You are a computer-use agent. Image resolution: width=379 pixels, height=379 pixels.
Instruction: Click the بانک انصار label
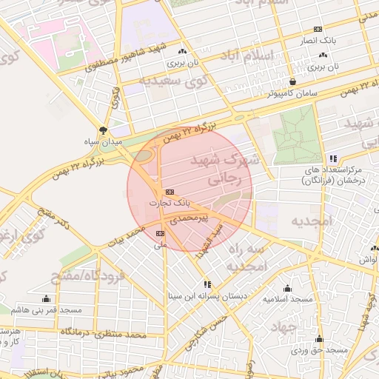318,41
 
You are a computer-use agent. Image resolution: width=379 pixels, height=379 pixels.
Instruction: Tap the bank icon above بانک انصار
318,29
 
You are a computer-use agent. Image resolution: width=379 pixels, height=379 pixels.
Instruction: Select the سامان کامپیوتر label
292,94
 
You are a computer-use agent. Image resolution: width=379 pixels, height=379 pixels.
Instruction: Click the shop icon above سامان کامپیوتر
294,81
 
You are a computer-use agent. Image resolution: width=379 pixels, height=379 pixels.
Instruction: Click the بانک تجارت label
170,202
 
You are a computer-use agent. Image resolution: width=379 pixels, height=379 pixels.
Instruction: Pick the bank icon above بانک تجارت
170,191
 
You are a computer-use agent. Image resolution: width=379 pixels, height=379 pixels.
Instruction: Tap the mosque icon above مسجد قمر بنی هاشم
47,298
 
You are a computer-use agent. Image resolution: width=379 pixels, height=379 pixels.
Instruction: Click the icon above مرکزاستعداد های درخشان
334,158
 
